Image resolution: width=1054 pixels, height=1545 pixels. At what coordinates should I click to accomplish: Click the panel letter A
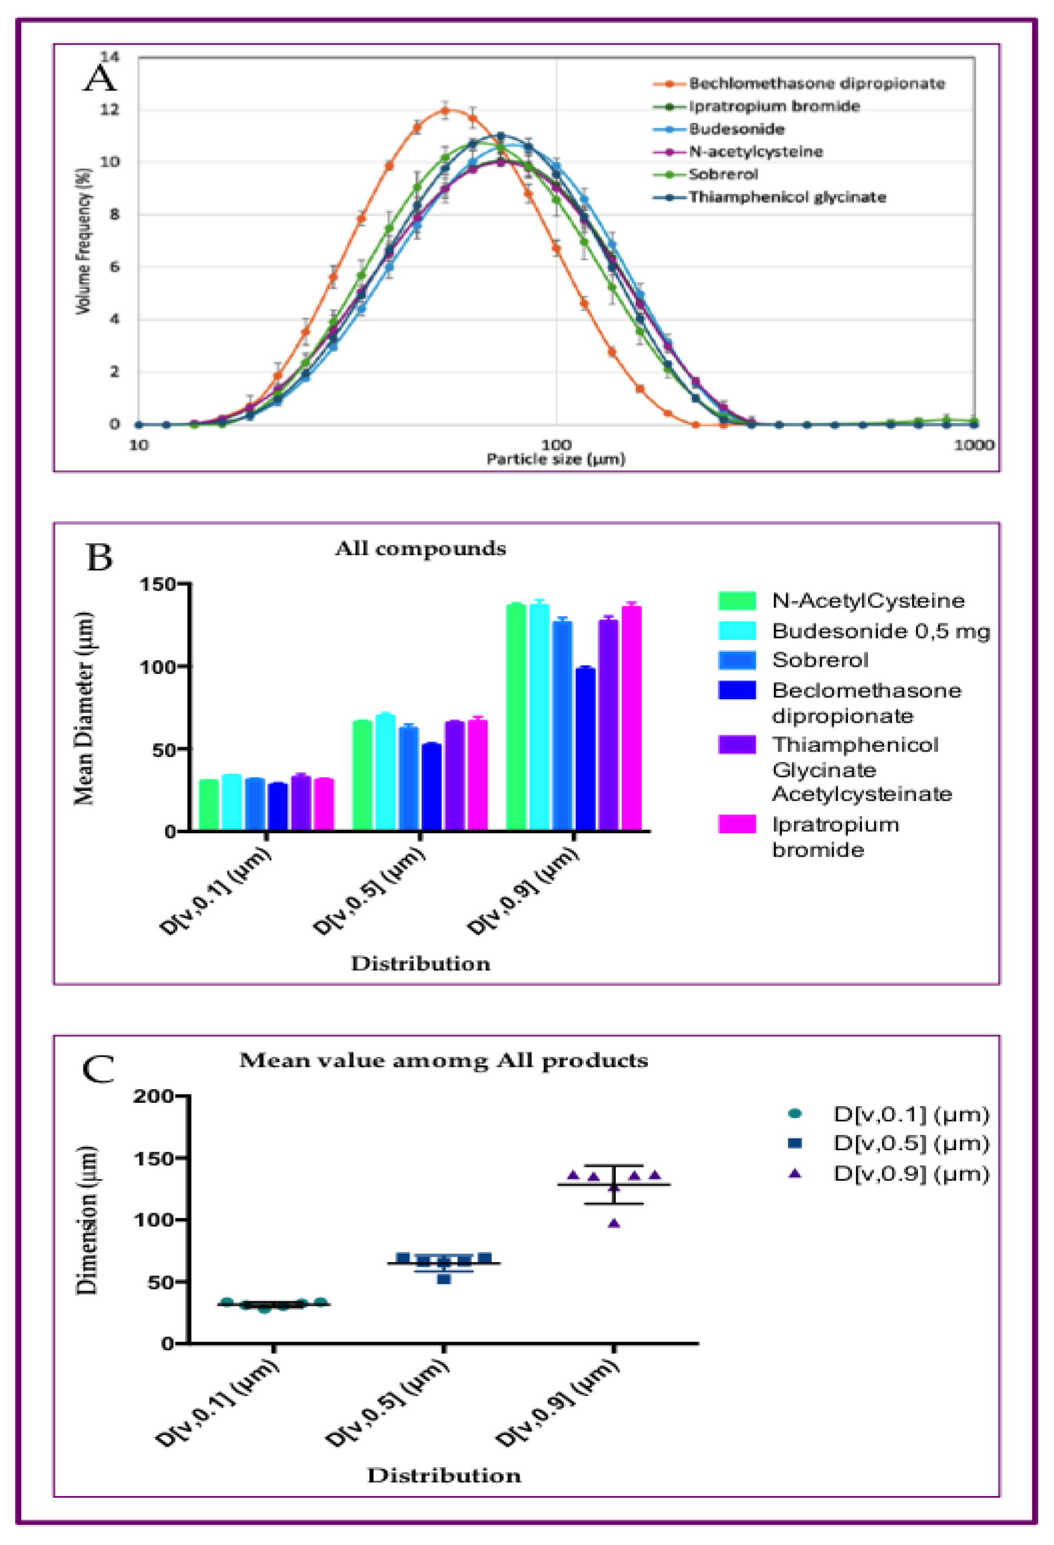click(100, 79)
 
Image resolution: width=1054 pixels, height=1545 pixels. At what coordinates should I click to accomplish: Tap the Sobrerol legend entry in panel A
click(723, 174)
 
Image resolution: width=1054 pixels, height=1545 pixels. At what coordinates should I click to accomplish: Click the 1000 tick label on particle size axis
click(974, 445)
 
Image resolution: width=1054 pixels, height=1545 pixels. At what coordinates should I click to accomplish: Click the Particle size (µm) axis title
click(556, 458)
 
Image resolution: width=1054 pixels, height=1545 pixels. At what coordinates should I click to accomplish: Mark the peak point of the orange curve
click(445, 110)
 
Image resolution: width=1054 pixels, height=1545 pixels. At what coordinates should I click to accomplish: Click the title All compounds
click(420, 549)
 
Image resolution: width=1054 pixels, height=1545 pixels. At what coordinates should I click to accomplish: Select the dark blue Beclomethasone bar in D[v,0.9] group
click(585, 748)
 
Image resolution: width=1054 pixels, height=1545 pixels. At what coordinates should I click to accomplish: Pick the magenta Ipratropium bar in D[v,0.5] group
click(478, 774)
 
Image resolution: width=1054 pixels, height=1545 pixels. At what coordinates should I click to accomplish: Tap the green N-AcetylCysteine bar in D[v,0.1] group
click(209, 804)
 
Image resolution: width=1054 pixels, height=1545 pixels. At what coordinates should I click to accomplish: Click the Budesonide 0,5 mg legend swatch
click(737, 630)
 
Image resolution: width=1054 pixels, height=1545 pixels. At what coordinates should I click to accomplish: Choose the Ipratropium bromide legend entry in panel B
click(835, 837)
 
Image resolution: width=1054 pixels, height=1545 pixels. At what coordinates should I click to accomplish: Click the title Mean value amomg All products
click(444, 1060)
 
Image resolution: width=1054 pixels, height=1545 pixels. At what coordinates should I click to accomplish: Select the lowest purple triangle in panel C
click(614, 1223)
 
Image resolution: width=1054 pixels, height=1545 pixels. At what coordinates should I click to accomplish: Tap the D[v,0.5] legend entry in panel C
click(911, 1144)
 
